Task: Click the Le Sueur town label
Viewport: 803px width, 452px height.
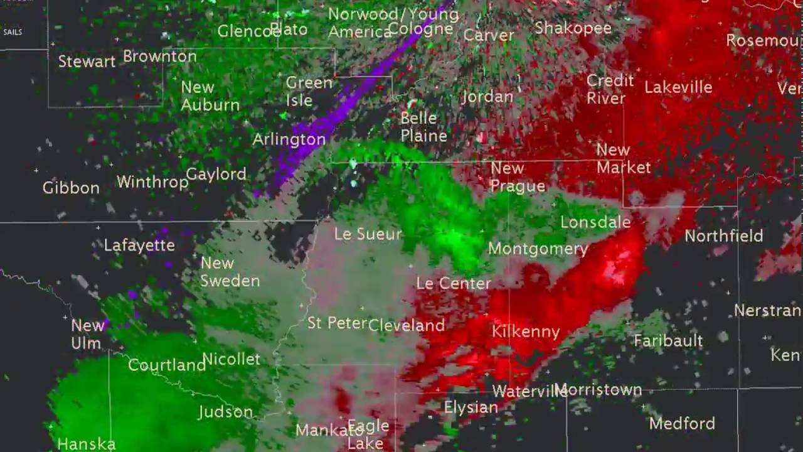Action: coord(367,235)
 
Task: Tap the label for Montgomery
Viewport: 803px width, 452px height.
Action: coord(538,249)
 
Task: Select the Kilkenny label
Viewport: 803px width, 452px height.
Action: coord(525,331)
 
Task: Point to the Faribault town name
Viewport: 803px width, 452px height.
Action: coord(668,341)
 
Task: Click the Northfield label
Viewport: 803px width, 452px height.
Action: coord(723,236)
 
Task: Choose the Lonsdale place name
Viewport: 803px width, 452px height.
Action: coord(595,222)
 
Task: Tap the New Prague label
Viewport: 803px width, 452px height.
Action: coord(517,177)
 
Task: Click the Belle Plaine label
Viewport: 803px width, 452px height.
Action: coord(423,127)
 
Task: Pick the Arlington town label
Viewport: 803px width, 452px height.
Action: coord(289,139)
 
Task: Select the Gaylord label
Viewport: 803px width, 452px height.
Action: coord(216,175)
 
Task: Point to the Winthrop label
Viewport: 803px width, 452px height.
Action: coord(152,182)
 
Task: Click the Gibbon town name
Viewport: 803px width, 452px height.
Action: coord(71,188)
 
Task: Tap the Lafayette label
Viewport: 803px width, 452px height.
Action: coord(139,245)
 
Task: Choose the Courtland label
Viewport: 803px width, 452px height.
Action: coord(166,365)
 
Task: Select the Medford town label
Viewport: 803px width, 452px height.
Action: coord(681,423)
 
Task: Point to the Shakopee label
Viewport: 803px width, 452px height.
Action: coord(573,28)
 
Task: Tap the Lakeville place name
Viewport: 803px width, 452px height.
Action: coord(678,87)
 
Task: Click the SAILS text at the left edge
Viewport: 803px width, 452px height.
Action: coord(13,31)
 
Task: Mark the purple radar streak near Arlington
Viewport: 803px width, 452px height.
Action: coord(339,107)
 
